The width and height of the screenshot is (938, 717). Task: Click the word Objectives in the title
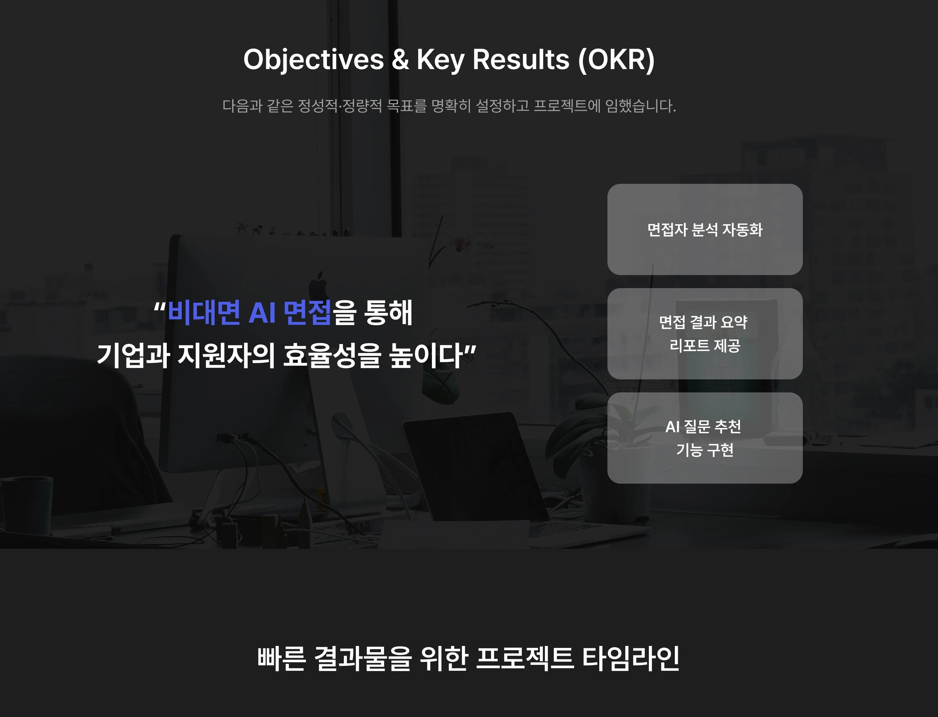314,60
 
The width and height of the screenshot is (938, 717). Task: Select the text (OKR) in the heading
616,60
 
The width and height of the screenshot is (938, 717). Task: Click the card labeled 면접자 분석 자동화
705,229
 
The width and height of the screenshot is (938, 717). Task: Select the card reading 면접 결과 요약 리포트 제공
705,334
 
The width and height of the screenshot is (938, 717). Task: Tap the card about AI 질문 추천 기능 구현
705,438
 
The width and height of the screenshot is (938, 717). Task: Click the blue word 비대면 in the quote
204,313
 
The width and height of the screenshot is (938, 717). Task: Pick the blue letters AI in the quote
262,313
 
